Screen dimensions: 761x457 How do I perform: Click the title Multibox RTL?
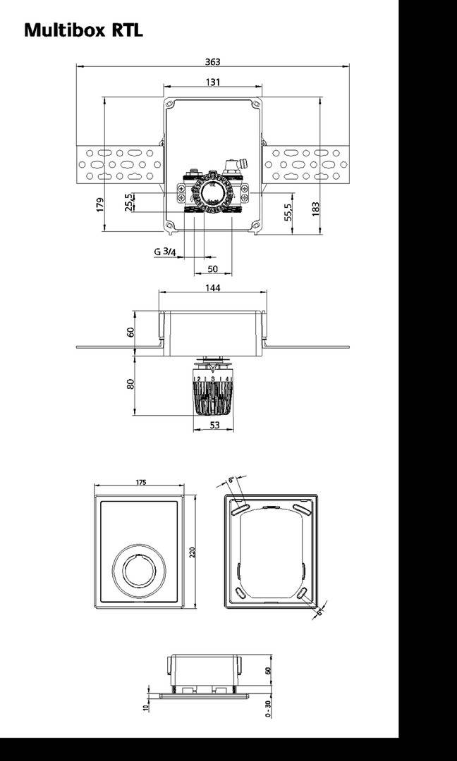(83, 30)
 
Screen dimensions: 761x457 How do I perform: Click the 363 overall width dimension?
(212, 61)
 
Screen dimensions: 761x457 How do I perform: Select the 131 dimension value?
(212, 82)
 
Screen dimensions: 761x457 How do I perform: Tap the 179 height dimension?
(100, 204)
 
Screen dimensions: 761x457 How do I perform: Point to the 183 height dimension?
(315, 208)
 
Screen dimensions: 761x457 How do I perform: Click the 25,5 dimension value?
(128, 202)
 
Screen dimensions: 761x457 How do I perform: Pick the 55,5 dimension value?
(287, 212)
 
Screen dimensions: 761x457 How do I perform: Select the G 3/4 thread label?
(165, 252)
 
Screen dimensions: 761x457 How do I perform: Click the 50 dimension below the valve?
(212, 269)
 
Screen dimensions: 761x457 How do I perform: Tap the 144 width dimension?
(212, 287)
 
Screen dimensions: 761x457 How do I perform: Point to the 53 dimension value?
(214, 425)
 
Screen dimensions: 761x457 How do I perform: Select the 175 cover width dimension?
(140, 483)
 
